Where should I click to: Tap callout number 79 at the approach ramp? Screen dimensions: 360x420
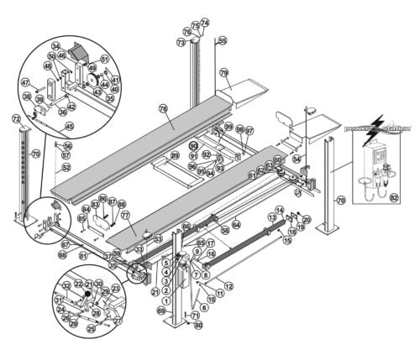[x=224, y=73]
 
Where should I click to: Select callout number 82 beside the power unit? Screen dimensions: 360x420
[x=394, y=198]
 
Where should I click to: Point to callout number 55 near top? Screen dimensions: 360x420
[x=222, y=40]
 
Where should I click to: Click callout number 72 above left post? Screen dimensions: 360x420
[x=16, y=120]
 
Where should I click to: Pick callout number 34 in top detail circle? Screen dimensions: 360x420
[x=56, y=46]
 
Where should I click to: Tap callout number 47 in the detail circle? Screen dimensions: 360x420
[x=25, y=82]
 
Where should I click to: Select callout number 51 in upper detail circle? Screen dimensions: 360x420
[x=104, y=59]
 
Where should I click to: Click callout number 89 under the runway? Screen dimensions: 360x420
[x=175, y=156]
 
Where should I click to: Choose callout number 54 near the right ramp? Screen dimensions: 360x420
[x=296, y=159]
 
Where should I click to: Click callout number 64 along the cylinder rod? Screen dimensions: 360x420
[x=237, y=225]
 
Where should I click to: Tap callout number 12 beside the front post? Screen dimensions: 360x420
[x=228, y=287]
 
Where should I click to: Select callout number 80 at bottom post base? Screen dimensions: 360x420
[x=198, y=325]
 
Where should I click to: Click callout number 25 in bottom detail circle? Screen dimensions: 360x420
[x=91, y=329]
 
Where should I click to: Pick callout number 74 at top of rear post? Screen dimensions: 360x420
[x=204, y=22]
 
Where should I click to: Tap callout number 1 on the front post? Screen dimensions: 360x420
[x=165, y=300]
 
